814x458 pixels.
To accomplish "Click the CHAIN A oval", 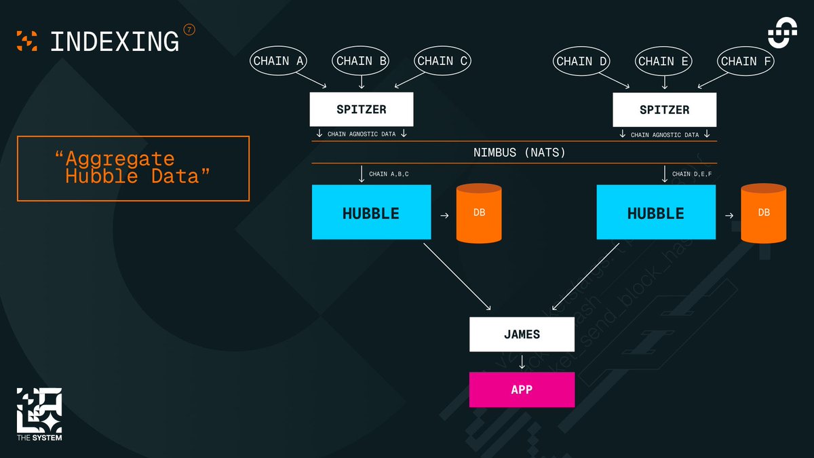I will (x=278, y=61).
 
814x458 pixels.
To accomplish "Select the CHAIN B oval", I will (x=362, y=61).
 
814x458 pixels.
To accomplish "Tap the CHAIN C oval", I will (x=444, y=61).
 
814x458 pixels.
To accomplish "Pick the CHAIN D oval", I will (x=582, y=61).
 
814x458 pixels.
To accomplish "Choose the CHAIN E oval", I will (x=664, y=61).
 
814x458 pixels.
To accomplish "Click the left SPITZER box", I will (x=362, y=109).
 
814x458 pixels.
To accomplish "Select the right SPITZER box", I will (x=664, y=109).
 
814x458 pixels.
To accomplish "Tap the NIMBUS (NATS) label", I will (x=519, y=153).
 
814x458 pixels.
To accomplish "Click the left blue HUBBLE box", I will (x=371, y=212).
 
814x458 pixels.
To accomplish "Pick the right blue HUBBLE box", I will (x=655, y=212).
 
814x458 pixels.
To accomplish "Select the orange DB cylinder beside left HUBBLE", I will (x=479, y=213).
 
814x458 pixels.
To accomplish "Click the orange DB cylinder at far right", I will (x=764, y=213).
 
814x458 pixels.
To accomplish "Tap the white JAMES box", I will (x=522, y=335).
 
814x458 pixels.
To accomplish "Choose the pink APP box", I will (x=522, y=389).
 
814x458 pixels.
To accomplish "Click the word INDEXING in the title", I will (x=115, y=41).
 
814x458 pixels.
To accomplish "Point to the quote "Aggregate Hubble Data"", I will (x=133, y=168).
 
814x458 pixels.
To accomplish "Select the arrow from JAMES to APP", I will (x=522, y=362).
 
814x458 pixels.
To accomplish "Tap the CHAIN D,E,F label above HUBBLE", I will (x=692, y=174).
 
